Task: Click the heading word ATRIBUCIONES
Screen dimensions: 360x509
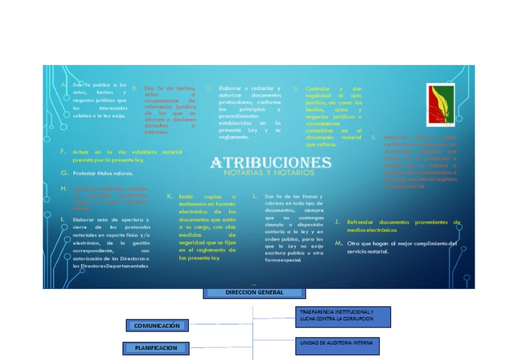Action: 270,162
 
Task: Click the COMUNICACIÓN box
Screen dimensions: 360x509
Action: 157,326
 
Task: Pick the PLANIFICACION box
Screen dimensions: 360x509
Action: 156,347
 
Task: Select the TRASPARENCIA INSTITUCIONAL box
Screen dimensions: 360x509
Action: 342,316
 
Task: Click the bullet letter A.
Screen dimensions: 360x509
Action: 64,85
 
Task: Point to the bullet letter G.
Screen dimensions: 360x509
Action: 64,172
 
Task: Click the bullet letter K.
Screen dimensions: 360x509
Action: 170,196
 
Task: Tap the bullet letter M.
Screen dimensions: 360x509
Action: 339,243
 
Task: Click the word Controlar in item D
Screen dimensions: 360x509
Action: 317,88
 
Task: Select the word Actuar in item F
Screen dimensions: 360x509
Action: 82,152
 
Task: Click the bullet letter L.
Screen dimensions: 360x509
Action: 255,196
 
